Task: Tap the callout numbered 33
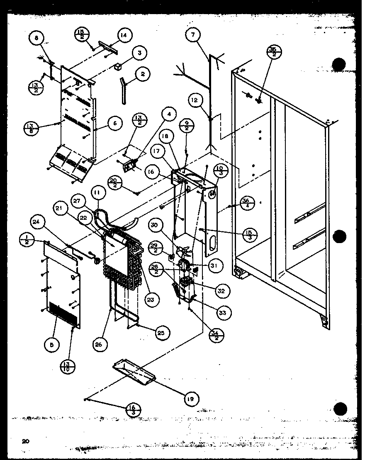pyautogui.click(x=223, y=312)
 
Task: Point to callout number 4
pyautogui.click(x=170, y=113)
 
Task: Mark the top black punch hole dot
pyautogui.click(x=340, y=64)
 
